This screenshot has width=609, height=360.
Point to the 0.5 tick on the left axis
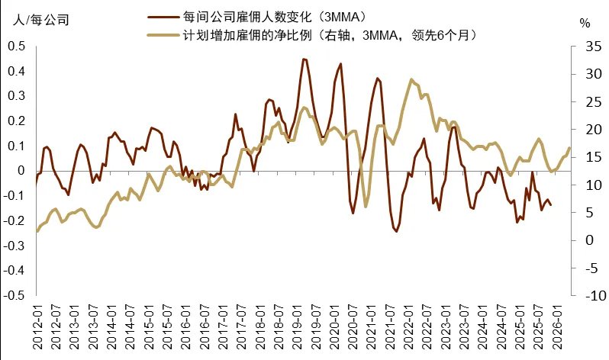pos(16,46)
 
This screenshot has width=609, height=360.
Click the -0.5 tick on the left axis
pos(14,295)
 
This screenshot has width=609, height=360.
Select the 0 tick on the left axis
pos(21,171)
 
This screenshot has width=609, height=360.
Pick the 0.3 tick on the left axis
pos(16,96)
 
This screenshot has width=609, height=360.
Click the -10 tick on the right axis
pos(585,295)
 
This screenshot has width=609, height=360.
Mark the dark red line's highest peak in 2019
pos(304,59)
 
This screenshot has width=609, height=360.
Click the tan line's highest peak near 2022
pos(411,79)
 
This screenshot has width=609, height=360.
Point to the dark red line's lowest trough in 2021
pos(396,231)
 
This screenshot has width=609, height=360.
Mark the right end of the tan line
pos(569,148)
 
